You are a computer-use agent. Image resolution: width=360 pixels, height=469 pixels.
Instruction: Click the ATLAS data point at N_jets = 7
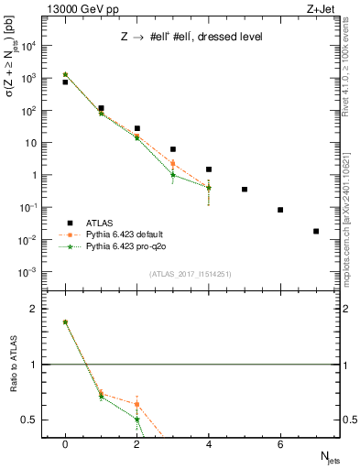click(x=316, y=231)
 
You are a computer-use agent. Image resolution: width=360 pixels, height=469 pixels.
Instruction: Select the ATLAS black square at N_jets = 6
click(x=280, y=210)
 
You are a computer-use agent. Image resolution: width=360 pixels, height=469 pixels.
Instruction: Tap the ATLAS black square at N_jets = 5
click(x=245, y=190)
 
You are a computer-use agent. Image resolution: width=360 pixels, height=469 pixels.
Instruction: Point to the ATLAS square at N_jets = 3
click(x=172, y=149)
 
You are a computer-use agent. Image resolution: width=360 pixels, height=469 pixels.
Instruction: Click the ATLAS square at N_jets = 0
click(x=65, y=82)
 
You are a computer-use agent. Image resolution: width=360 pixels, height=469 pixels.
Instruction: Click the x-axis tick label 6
click(x=280, y=444)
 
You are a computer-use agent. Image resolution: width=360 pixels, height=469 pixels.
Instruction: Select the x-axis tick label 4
click(x=209, y=444)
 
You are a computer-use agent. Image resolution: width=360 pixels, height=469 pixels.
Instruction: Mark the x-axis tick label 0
click(x=65, y=444)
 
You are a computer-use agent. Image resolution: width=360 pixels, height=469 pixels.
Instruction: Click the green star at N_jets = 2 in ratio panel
click(x=136, y=420)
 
